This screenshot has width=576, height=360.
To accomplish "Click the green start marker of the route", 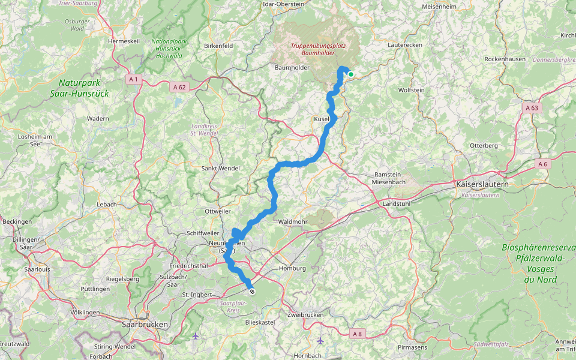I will pyautogui.click(x=350, y=75).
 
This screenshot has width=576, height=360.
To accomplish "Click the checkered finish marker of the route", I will pyautogui.click(x=253, y=292).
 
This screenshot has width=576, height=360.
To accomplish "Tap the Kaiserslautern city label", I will pyautogui.click(x=482, y=184).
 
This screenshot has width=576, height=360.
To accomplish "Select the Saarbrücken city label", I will pyautogui.click(x=145, y=324).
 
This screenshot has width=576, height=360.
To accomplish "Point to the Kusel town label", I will pyautogui.click(x=321, y=119).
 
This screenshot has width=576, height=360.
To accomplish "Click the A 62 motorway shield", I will pyautogui.click(x=179, y=87).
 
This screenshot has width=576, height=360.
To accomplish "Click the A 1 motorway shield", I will pyautogui.click(x=133, y=79).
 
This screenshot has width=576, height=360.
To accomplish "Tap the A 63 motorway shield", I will pyautogui.click(x=530, y=107).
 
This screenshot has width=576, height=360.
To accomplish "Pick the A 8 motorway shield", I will pyautogui.click(x=357, y=333).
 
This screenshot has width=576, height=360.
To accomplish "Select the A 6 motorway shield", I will pyautogui.click(x=543, y=164).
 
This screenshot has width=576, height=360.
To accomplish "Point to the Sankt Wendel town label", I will pyautogui.click(x=220, y=169).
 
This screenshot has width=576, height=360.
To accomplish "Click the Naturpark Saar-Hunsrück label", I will pyautogui.click(x=84, y=88).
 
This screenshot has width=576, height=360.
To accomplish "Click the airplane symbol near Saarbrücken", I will pyautogui.click(x=196, y=336).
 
